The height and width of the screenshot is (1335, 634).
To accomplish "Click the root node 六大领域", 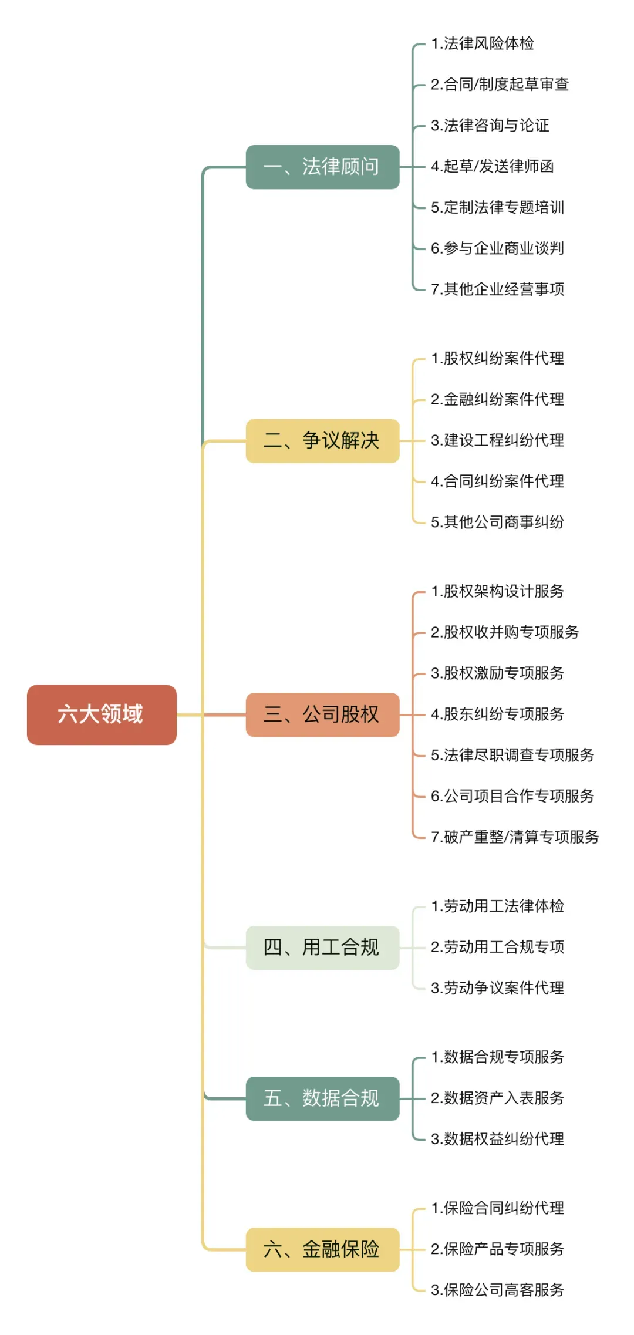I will pos(102,714).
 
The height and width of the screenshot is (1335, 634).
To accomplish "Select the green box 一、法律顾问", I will pos(322,167).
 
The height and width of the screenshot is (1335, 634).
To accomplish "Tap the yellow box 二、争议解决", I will pos(322,441).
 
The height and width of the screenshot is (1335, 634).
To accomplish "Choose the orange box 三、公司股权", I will pos(322,714).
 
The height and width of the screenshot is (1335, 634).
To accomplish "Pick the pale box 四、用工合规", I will pos(322,948).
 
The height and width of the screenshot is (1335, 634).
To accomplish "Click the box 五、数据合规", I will pos(322,1098).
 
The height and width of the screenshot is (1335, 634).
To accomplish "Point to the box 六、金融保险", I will pos(322,1249).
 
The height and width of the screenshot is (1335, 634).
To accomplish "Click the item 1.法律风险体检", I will pos(482,43).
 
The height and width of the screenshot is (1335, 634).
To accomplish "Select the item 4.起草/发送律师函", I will pos(492,166).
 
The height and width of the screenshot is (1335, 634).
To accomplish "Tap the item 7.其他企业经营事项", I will pos(497,289).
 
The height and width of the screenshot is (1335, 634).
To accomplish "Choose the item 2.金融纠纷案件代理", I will pos(497,399).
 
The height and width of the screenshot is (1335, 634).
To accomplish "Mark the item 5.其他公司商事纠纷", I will pos(497,522).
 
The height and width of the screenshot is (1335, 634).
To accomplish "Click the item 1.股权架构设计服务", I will pos(497,591).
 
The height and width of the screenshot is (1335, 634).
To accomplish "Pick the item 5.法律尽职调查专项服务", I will pos(512,755).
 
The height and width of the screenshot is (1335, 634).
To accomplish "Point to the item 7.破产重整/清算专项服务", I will pos(515,837).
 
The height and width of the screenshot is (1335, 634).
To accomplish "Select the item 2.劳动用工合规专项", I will pos(497,947).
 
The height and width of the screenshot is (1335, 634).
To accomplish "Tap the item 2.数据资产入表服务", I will pos(497,1098).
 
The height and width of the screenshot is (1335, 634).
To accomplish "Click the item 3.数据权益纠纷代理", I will pos(497,1139).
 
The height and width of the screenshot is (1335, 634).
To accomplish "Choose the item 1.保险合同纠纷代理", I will pos(497,1208).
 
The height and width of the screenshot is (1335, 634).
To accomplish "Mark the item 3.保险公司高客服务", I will pos(497,1290).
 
